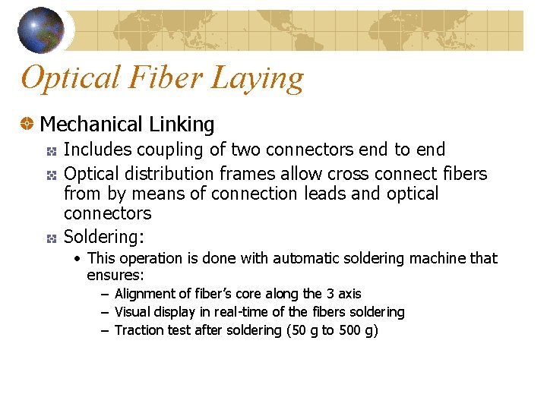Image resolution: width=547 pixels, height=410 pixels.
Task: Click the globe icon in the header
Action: pyautogui.click(x=40, y=30)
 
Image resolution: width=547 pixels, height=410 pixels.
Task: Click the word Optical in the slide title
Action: pyautogui.click(x=71, y=77)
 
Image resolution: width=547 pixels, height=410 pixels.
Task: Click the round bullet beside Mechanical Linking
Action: pyautogui.click(x=27, y=124)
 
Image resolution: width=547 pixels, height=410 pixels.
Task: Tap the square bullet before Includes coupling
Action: pyautogui.click(x=52, y=151)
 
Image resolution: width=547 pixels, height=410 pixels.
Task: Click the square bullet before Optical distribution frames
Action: pyautogui.click(x=52, y=175)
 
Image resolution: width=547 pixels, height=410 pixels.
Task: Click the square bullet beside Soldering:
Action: pyautogui.click(x=52, y=238)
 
